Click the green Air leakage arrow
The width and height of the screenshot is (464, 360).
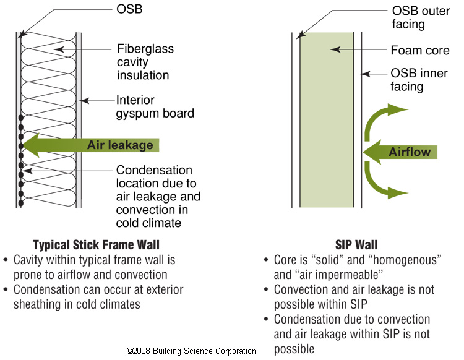[93, 145]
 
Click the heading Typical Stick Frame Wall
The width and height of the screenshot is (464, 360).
[100, 245]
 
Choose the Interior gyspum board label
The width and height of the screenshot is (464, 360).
[155, 106]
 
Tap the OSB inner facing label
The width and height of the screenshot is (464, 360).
[416, 79]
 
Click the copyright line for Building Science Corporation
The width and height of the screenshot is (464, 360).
[191, 351]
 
